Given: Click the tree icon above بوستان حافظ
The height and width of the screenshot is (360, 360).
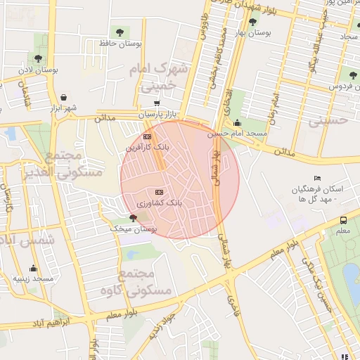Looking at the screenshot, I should pos(119,32).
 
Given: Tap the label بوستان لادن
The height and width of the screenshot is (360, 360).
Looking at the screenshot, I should pos(37,70).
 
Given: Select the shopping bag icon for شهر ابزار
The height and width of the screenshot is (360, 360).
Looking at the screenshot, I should pos(64,97).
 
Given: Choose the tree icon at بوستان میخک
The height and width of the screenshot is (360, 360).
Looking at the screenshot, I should pos(133,218).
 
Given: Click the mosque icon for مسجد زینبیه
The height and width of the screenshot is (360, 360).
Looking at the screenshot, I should pos(33,268).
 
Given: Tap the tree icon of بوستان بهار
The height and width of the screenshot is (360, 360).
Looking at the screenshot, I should pos(252,22).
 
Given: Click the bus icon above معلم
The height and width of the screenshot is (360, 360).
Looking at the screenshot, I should pos(342,219).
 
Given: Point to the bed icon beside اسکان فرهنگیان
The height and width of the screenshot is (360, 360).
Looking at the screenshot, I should pos(317,178).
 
